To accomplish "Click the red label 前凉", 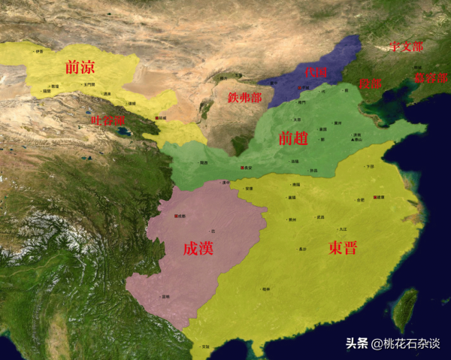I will pyautogui.click(x=81, y=67).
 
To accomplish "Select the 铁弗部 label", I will pyautogui.click(x=244, y=98).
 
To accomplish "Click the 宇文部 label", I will pyautogui.click(x=406, y=47).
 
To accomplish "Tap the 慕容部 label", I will pyautogui.click(x=430, y=77).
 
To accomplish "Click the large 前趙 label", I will pyautogui.click(x=294, y=138).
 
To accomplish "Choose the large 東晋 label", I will pyautogui.click(x=343, y=248).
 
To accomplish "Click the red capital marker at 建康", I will pyautogui.click(x=375, y=198).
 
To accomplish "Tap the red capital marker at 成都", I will pyautogui.click(x=174, y=216).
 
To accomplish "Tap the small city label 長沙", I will pyautogui.click(x=302, y=247).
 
